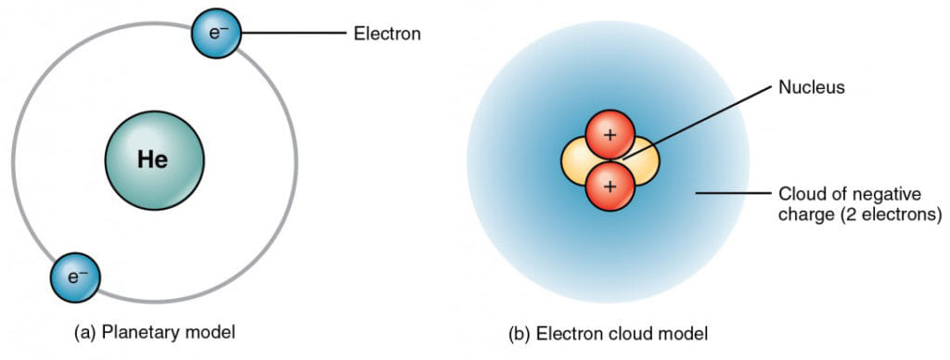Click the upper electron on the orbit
point(216,34)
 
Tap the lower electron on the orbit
point(75,276)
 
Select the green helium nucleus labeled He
point(153,160)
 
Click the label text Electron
point(387,34)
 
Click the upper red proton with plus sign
point(610,135)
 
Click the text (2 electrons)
point(890,215)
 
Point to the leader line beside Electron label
point(291,34)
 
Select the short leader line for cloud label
point(727,194)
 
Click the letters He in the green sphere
point(153,160)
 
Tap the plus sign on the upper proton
point(610,135)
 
